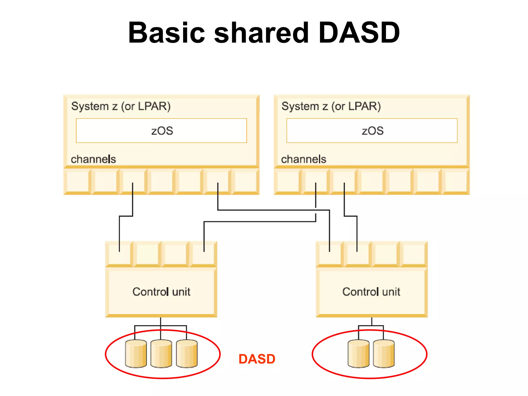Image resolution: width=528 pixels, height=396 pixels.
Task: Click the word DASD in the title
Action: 359,33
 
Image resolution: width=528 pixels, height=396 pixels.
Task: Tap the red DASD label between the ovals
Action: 257,359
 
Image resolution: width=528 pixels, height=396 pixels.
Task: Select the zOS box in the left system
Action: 161,131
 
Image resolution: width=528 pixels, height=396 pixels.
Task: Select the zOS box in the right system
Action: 372,131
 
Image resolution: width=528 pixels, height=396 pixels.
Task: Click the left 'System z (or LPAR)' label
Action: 121,106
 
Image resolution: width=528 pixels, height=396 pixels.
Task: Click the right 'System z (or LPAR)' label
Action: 331,106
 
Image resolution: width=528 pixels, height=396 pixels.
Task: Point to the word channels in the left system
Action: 93,159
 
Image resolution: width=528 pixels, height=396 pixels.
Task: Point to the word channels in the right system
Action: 303,159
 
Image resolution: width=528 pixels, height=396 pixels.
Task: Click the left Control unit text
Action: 161,292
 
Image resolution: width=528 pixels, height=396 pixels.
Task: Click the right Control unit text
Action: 371,292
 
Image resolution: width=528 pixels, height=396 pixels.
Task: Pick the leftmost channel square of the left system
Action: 77,181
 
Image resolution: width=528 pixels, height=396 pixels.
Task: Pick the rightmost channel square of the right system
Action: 456,181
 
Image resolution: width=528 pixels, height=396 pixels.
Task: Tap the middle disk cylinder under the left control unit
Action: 161,354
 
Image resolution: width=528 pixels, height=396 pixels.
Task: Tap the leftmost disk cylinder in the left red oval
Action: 136,354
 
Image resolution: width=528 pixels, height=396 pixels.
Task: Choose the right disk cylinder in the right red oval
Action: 384,354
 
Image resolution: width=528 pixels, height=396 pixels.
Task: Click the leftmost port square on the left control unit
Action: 119,254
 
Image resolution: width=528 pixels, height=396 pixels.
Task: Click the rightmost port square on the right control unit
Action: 414,254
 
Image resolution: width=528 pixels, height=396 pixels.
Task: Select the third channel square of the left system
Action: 133,181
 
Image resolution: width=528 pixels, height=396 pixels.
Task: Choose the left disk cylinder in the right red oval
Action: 358,354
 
